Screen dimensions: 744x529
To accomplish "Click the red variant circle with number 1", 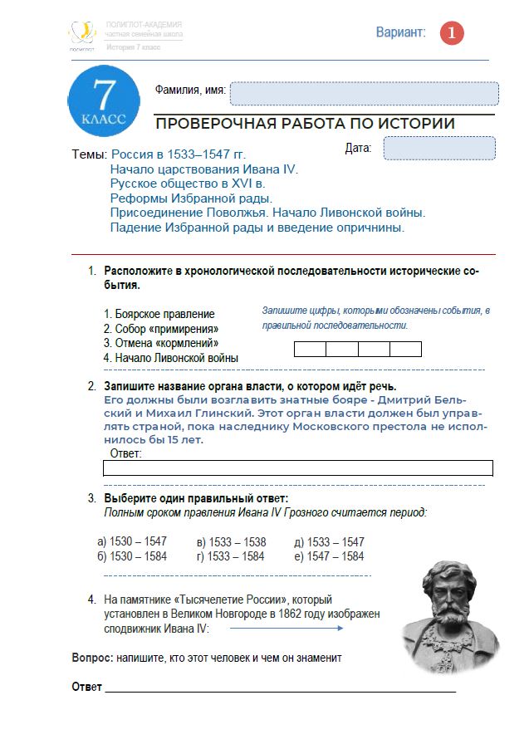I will (452, 33).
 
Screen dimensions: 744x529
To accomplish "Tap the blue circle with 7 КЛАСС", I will (104, 101).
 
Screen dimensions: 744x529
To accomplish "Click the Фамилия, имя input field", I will (364, 93).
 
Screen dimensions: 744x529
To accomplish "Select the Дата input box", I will (439, 148).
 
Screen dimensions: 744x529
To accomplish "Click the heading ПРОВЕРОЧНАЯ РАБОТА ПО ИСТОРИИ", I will (305, 124).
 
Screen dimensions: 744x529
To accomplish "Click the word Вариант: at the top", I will (400, 32).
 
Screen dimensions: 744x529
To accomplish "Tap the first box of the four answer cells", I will (311, 349).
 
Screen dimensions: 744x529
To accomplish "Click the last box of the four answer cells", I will (406, 349).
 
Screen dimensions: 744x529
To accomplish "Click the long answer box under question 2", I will (297, 468).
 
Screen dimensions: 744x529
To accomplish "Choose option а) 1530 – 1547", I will (132, 541).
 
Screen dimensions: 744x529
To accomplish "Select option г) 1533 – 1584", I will (231, 556).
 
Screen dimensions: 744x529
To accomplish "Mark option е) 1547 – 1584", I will (329, 556).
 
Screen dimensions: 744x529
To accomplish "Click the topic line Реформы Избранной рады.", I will (191, 198).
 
